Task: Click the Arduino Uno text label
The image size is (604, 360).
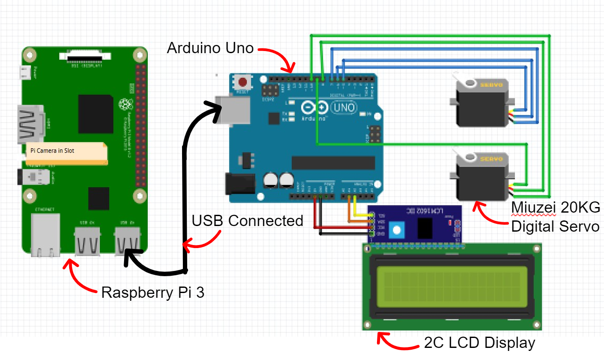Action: [x=210, y=48]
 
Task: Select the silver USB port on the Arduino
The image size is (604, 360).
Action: [x=234, y=109]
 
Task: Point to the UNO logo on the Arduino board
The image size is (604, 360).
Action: [x=344, y=107]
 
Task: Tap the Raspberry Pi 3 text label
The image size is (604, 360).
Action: [x=153, y=293]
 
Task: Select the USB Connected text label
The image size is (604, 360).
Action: [x=247, y=221]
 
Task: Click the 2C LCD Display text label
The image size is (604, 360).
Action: [x=479, y=343]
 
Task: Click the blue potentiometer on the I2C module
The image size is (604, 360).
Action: [x=395, y=230]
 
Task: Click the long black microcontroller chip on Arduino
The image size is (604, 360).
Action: [x=333, y=162]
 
